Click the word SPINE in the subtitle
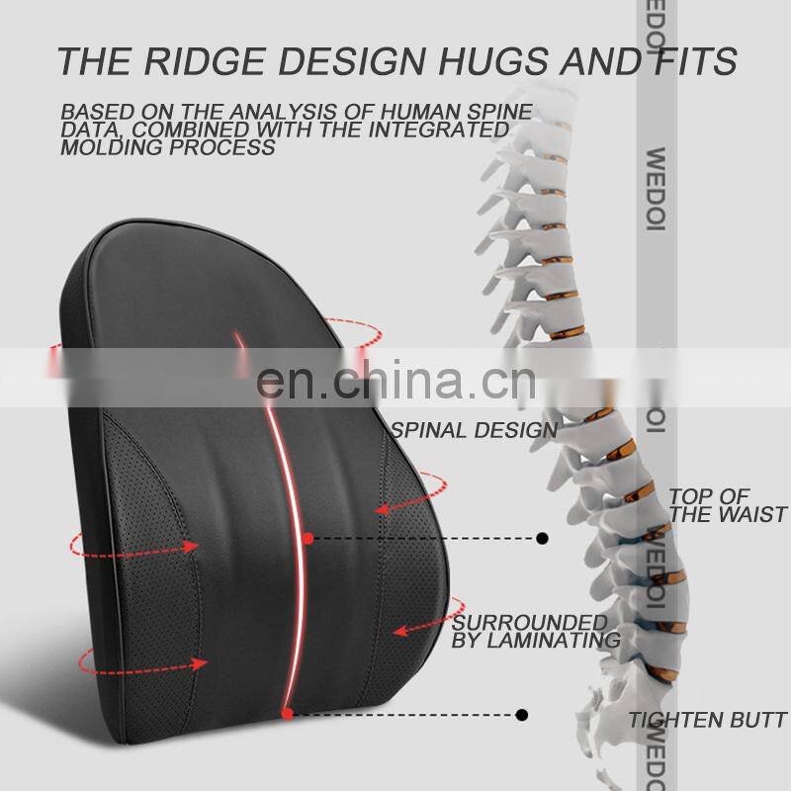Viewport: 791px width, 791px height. click(500, 112)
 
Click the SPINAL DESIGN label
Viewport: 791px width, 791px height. click(474, 430)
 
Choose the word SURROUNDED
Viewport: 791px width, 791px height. click(529, 623)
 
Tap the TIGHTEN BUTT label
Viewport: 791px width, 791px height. click(708, 720)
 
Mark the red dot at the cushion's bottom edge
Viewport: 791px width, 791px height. click(287, 713)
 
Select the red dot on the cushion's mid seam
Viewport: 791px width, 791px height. click(308, 539)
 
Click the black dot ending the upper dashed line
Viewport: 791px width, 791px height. click(542, 539)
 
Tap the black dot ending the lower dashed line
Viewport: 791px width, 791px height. click(522, 714)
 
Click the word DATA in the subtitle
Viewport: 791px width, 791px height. click(87, 130)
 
